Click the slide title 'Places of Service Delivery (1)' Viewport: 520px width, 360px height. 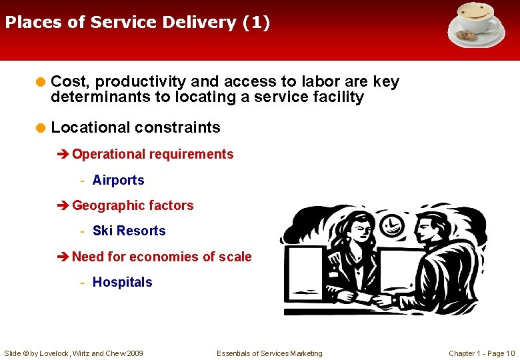point(137,23)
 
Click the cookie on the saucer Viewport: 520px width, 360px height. point(464,35)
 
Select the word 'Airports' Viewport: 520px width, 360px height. point(118,180)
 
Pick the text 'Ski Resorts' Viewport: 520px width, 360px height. point(129,231)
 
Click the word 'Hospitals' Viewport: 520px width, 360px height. point(122,282)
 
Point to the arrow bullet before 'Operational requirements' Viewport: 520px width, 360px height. point(64,155)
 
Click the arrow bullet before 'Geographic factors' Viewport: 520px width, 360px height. point(64,206)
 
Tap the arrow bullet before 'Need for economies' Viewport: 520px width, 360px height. point(64,257)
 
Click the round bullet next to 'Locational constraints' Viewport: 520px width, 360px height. point(41,127)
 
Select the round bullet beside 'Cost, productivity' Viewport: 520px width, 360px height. point(41,83)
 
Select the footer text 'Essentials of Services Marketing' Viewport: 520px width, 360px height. point(269,353)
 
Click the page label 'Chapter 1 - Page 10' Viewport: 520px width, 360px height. point(481,353)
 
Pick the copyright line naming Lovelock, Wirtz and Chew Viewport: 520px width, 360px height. point(73,353)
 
